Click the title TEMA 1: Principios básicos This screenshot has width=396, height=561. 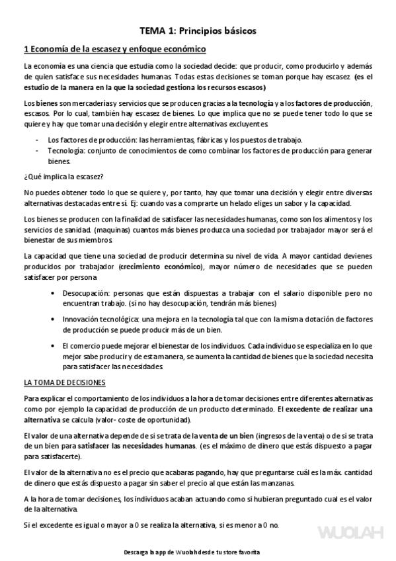click(198, 30)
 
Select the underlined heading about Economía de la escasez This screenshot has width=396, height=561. click(114, 50)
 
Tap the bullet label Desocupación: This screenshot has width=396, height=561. click(86, 293)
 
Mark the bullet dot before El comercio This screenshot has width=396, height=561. click(52, 345)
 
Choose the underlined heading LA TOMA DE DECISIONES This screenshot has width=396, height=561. click(69, 382)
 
